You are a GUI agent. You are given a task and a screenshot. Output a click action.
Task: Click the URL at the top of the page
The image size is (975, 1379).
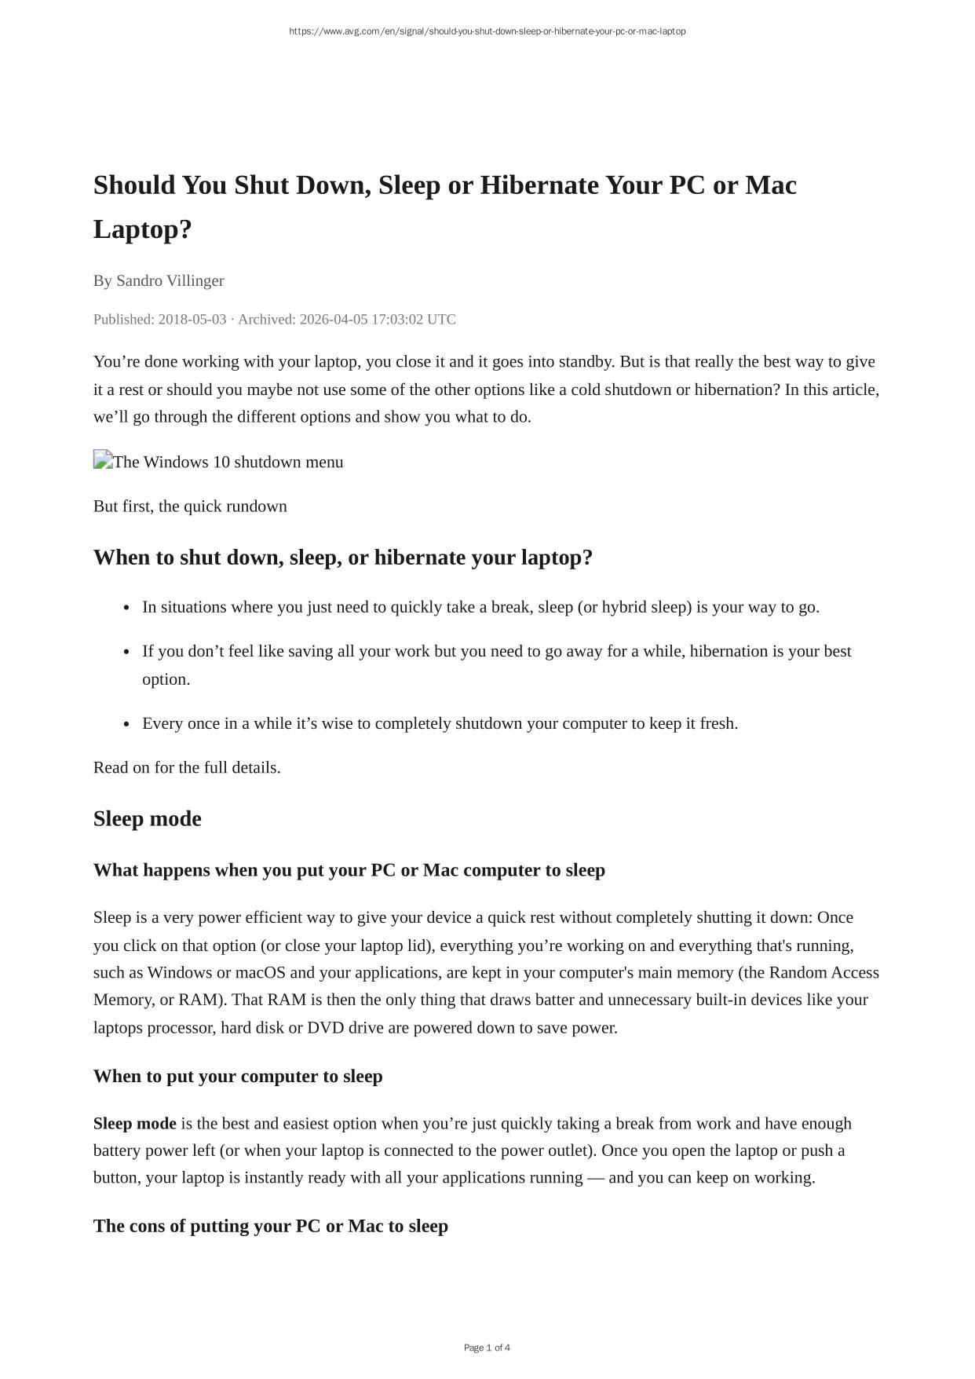(487, 31)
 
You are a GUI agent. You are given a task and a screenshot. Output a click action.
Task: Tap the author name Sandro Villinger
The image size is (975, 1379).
(170, 280)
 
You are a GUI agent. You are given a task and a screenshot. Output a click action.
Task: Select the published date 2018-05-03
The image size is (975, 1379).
(192, 320)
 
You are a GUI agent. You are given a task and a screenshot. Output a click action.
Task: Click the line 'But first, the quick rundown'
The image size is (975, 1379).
(190, 507)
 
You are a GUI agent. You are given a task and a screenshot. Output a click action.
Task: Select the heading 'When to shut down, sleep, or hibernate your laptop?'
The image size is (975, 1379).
(342, 558)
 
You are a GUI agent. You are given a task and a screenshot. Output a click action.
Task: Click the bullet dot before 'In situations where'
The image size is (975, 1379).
(127, 608)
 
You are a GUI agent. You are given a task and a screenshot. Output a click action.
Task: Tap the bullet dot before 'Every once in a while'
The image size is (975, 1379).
(127, 724)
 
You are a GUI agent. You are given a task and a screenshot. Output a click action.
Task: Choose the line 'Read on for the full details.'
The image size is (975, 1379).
(187, 767)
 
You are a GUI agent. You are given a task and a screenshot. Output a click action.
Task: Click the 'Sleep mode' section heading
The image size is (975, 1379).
(148, 819)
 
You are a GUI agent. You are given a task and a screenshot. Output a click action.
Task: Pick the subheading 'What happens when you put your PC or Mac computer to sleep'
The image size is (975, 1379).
(349, 870)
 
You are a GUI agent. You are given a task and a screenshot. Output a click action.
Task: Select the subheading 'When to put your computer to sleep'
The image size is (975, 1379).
(238, 1076)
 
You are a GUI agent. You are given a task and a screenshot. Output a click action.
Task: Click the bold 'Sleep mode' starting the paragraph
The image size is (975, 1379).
(134, 1124)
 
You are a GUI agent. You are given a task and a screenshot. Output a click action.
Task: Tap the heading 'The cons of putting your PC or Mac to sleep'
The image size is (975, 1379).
(271, 1226)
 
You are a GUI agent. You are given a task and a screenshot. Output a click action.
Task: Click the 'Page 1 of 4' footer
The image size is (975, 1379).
(487, 1348)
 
